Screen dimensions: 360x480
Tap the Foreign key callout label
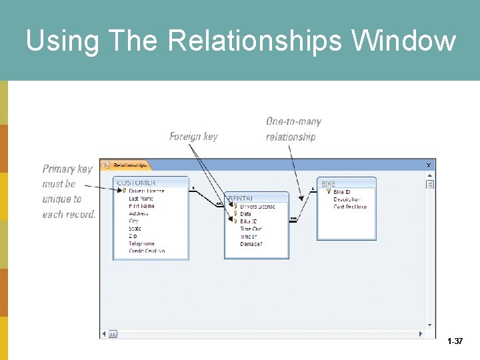(193, 136)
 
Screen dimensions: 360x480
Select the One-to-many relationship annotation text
(293, 129)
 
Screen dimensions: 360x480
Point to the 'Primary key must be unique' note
(69, 191)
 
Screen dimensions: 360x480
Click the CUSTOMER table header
(136, 182)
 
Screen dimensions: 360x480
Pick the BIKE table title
(329, 183)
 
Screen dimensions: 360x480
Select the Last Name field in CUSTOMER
(141, 199)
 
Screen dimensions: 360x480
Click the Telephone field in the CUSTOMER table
(141, 244)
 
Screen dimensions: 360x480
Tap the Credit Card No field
(147, 251)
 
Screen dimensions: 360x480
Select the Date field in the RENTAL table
(246, 214)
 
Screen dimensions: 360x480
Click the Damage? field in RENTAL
(251, 244)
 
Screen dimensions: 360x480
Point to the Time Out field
(251, 229)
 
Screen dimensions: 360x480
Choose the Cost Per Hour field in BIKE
(350, 207)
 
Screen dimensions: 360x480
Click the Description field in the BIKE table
(347, 199)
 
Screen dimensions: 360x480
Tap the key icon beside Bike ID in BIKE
(328, 192)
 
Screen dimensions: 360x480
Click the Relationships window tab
(126, 165)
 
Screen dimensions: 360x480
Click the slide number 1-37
(455, 341)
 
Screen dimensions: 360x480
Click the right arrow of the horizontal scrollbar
(421, 333)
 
